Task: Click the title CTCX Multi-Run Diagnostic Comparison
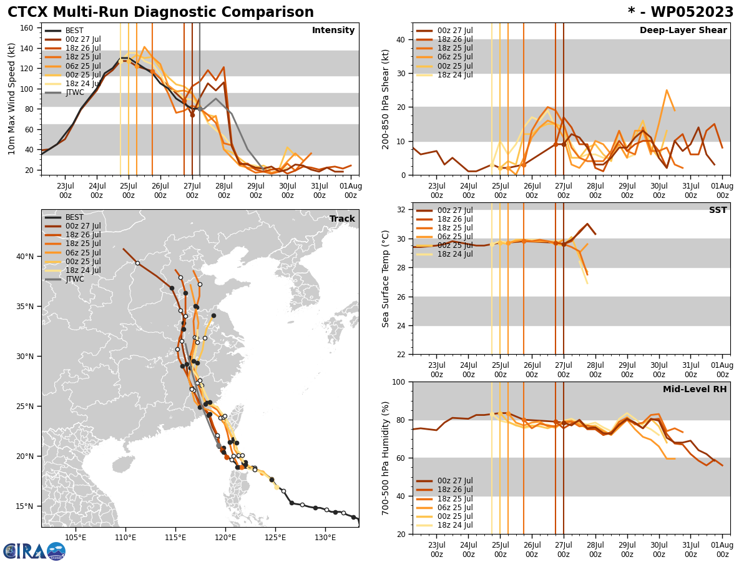coord(160,12)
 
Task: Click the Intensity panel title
coord(333,31)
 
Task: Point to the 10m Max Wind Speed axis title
coord(12,99)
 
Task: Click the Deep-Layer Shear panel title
coord(683,31)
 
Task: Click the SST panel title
coord(718,210)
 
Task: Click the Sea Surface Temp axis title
coord(386,279)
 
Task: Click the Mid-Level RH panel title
coord(695,390)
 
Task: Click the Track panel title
coord(342,219)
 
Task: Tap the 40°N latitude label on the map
coord(26,256)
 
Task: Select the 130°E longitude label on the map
coord(325,537)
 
